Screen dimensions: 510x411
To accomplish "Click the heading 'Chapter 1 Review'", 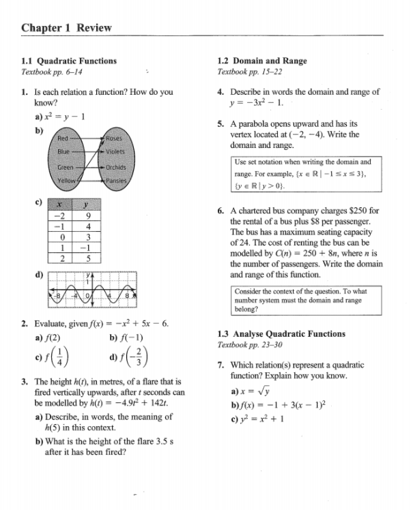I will point(66,28).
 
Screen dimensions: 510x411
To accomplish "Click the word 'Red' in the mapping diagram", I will point(63,138).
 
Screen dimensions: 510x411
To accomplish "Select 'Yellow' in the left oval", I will point(66,181).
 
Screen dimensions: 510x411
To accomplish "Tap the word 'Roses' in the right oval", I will point(113,138).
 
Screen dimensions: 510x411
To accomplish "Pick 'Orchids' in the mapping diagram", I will point(115,167).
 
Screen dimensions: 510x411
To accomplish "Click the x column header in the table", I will point(61,205).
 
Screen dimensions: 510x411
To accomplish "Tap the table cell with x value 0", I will point(61,237).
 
